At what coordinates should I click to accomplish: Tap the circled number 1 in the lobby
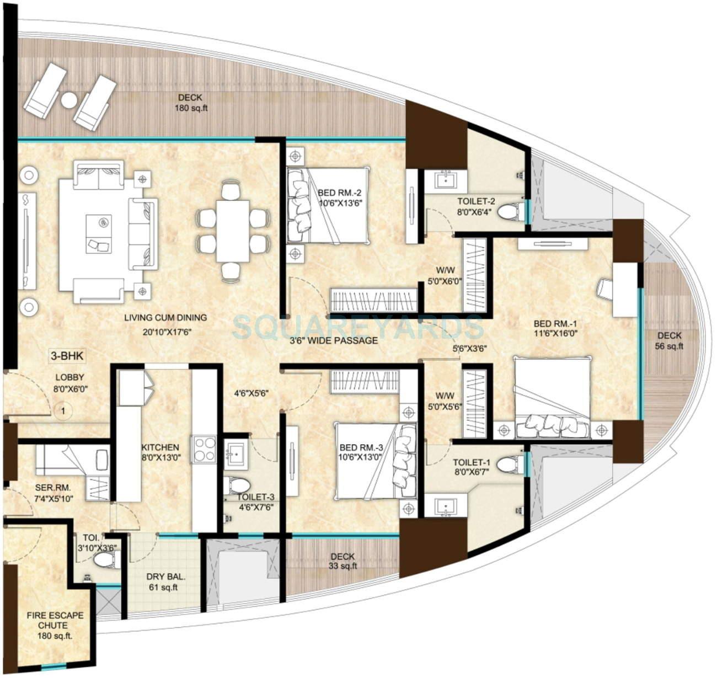tap(64, 410)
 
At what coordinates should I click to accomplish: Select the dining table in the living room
tap(232, 231)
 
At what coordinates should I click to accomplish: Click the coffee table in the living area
tap(99, 232)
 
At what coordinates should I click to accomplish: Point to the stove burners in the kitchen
tap(204, 448)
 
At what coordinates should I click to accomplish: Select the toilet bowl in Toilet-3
tap(239, 486)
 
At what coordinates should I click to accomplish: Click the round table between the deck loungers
tap(69, 100)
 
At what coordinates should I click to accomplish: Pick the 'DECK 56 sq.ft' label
tap(669, 341)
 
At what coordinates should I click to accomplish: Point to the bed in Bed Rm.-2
tap(327, 205)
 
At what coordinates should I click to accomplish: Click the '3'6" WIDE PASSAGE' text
tap(334, 340)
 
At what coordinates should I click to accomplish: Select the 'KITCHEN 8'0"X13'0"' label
tap(160, 452)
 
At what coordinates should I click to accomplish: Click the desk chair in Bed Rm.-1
tap(605, 289)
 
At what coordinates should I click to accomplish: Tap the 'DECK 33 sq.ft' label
tap(343, 561)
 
